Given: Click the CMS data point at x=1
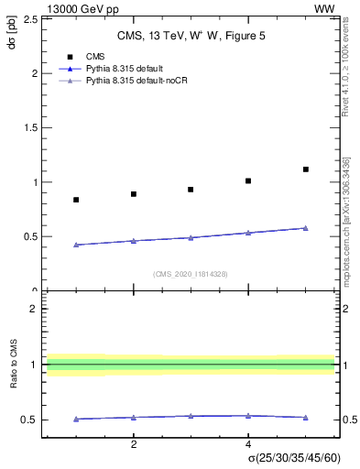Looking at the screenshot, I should point(76,200).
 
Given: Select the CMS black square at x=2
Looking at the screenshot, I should point(134,194).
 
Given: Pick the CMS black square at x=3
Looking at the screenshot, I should point(191,190).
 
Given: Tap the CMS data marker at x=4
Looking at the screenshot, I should point(248,180).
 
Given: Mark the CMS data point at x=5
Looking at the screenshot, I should point(306,169).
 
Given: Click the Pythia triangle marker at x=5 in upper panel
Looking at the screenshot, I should point(306,228).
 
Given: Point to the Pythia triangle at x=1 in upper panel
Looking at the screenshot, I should point(76,245).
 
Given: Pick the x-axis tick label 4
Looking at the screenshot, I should point(248,444).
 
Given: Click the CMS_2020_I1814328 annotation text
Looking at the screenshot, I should point(190,274).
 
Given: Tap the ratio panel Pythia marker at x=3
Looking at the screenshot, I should point(191,416).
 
